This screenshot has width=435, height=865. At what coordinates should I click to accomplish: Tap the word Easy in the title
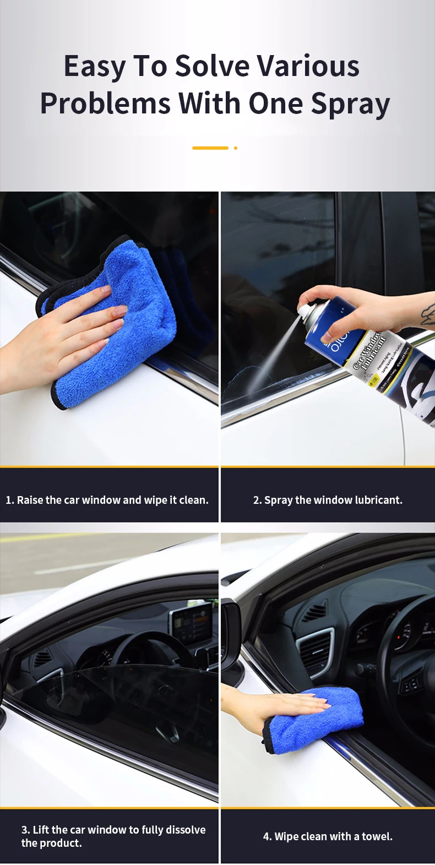94,67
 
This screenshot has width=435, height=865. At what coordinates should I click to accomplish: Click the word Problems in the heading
105,104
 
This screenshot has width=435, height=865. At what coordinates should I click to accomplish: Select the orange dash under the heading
210,148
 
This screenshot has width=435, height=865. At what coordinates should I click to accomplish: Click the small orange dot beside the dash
236,148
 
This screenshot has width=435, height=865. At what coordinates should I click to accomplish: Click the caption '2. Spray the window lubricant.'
328,500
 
